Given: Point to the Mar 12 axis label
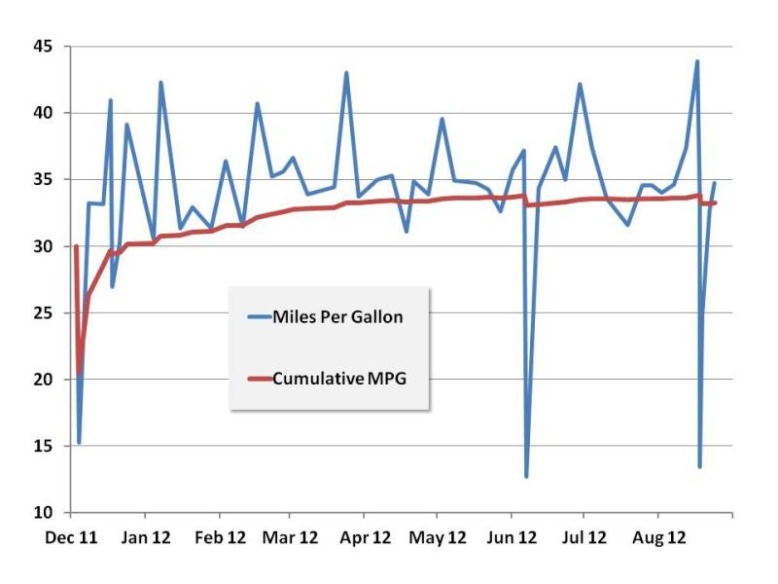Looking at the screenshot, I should click(292, 536).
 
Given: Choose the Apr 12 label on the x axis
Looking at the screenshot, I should click(366, 536).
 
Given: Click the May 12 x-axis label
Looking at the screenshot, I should click(438, 536).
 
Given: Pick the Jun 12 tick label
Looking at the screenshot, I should click(512, 536).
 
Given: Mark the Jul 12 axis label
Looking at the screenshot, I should click(584, 536).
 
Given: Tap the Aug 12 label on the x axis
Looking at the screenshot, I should click(658, 536).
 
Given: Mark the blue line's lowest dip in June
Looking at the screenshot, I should click(526, 476).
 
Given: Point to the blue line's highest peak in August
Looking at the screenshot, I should click(696, 62).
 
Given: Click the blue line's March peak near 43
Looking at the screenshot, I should click(346, 73).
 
